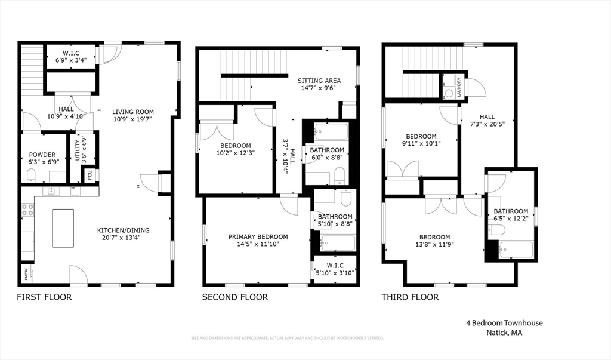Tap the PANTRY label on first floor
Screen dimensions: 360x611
[x=26, y=274]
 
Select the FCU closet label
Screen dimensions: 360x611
[x=90, y=175]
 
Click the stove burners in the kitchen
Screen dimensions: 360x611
[x=27, y=210]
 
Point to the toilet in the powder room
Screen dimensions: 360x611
[x=31, y=175]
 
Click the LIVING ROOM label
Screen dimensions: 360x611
[x=132, y=112]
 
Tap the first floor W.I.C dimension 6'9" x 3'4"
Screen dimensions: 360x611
[x=71, y=60]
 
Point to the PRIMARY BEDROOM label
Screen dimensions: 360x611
[x=258, y=236]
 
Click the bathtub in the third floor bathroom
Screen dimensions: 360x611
[x=516, y=250]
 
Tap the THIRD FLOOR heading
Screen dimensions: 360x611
[x=410, y=297]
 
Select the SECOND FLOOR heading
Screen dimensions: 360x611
[x=234, y=297]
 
